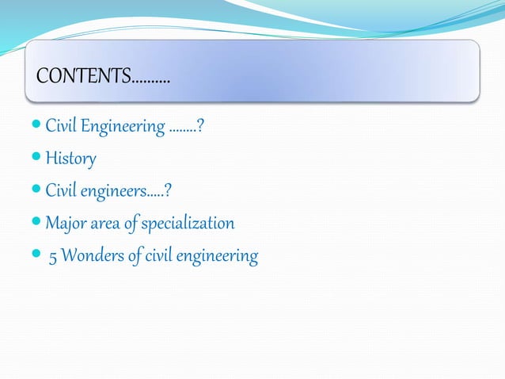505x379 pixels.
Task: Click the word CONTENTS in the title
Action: tap(84, 77)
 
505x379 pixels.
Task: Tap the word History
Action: tap(70, 159)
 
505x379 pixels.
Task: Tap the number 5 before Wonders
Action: tap(52, 257)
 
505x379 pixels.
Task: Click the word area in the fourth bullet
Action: tap(102, 224)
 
